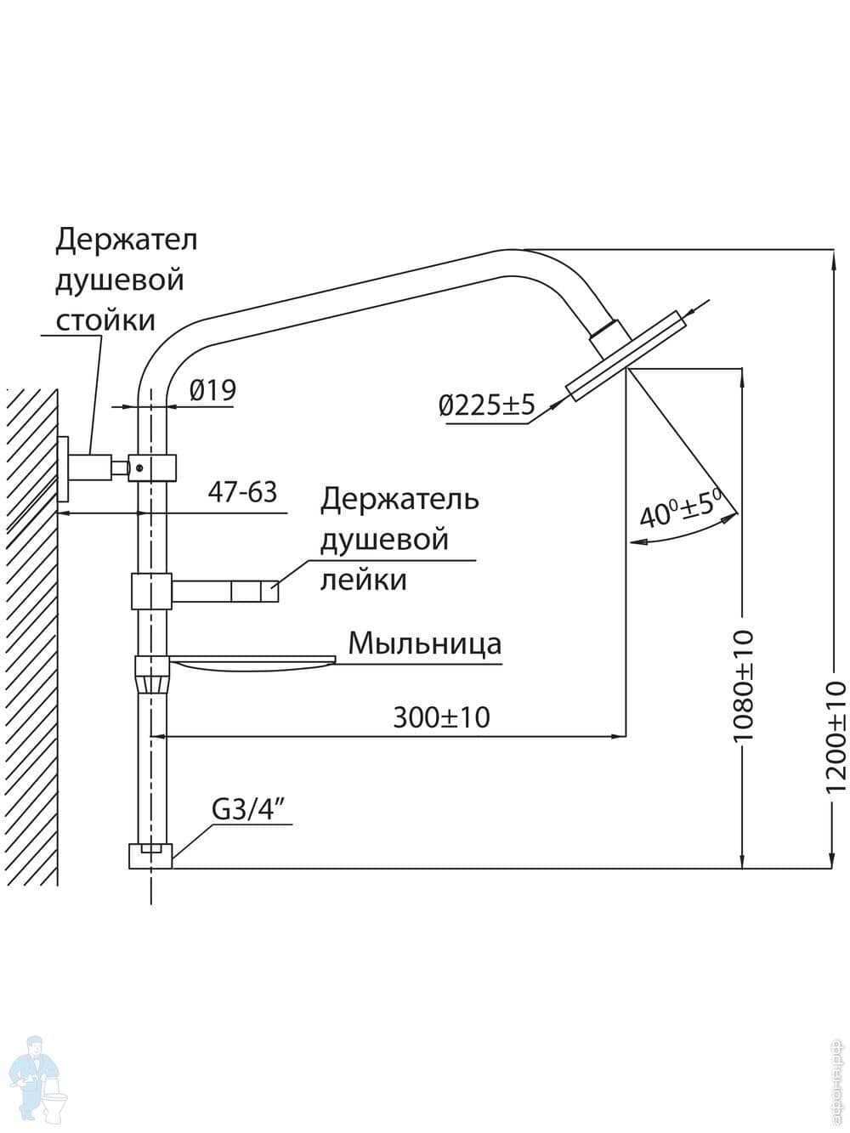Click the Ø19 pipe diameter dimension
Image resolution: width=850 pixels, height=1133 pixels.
point(212,391)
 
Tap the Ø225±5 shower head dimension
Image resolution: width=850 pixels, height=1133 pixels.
point(487,405)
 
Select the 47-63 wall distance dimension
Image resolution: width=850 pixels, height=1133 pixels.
point(242,492)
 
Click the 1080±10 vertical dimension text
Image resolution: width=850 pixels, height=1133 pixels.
point(743,684)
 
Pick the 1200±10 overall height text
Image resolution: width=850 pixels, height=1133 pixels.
point(836,736)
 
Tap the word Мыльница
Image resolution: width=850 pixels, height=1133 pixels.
point(424,643)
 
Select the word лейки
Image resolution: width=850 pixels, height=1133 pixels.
point(363,580)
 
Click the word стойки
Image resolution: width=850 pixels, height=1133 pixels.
point(105,320)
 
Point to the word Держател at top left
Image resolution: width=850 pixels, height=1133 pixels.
point(126,240)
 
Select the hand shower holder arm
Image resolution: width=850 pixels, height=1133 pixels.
point(225,590)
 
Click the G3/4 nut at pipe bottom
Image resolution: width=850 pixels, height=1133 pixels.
point(150,855)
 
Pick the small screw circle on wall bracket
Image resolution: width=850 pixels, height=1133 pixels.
point(139,466)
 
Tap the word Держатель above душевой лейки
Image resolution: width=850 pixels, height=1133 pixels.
point(399,499)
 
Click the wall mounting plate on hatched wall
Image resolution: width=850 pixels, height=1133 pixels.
point(62,470)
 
